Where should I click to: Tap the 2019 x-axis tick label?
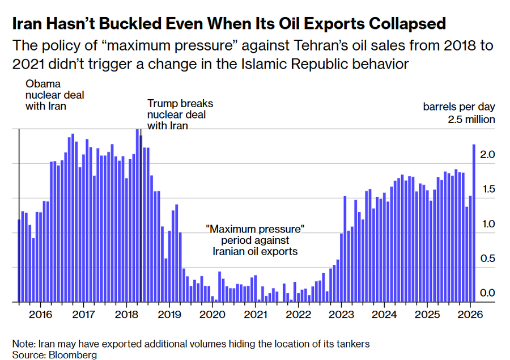[x=168, y=315]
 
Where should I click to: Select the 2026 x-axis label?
[x=470, y=315]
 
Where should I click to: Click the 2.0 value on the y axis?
[x=488, y=155]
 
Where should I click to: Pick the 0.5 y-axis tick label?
[x=488, y=259]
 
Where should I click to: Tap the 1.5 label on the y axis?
[x=488, y=189]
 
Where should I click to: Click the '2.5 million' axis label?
[x=471, y=120]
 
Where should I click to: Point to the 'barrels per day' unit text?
[x=459, y=107]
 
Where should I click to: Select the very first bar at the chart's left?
[x=19, y=261]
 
